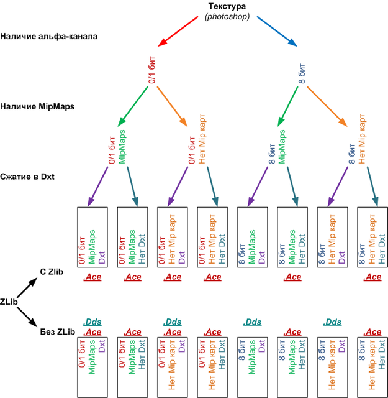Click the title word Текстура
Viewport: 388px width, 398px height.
(x=227, y=7)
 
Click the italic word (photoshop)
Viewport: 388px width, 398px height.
(x=227, y=17)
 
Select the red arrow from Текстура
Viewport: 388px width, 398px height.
(x=178, y=32)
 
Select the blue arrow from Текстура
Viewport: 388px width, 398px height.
(x=277, y=32)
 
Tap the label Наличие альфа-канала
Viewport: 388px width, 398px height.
(x=49, y=36)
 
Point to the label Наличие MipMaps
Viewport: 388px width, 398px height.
(x=37, y=106)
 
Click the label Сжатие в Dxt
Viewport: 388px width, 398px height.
(x=27, y=177)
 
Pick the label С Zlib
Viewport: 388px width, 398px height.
(x=52, y=272)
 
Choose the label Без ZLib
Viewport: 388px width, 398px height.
(x=58, y=331)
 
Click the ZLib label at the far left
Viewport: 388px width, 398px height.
(x=9, y=302)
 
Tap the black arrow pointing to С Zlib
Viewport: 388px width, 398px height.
(x=27, y=287)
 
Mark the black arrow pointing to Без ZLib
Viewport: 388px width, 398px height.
(x=27, y=317)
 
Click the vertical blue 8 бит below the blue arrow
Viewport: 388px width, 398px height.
(x=302, y=73)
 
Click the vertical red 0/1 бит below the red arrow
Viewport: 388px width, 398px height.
(x=152, y=70)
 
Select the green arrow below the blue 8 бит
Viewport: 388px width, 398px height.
(x=288, y=106)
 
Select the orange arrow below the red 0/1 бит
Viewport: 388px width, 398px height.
(x=172, y=106)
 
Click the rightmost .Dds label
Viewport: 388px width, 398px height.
(x=332, y=322)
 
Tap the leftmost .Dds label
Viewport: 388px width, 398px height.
(x=92, y=322)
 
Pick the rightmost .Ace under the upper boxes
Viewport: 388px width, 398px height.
(x=372, y=277)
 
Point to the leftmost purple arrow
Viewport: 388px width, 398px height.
(x=97, y=187)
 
